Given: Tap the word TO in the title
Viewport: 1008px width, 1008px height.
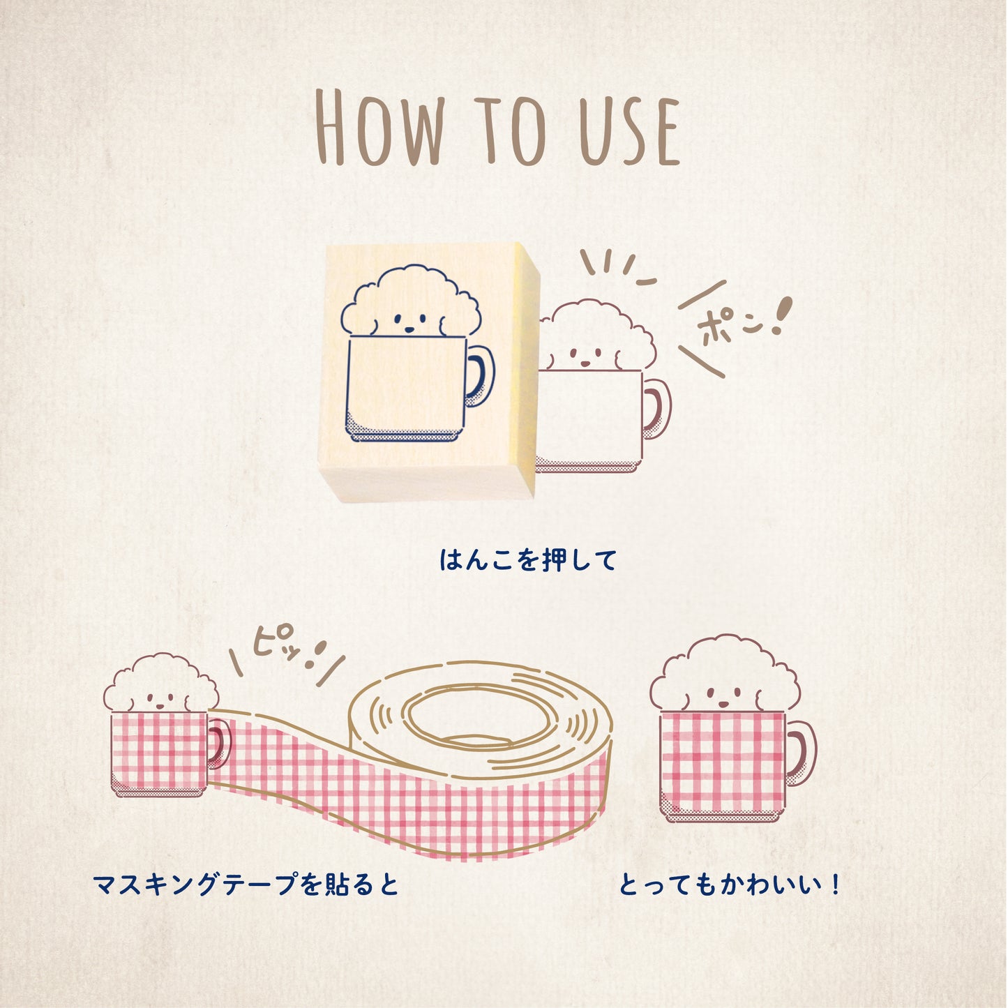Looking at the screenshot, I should tap(510, 130).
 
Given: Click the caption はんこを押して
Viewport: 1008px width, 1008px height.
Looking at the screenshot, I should tap(527, 560).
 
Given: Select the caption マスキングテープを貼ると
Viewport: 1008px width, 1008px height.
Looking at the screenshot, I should tap(246, 885).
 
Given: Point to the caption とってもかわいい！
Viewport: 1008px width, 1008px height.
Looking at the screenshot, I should tap(730, 885).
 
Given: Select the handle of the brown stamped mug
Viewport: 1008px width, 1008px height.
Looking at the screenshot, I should tap(658, 409).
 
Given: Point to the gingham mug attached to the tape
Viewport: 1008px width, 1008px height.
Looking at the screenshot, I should tap(159, 752).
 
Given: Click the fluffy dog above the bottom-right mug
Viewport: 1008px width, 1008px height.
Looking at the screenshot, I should tap(725, 677).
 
